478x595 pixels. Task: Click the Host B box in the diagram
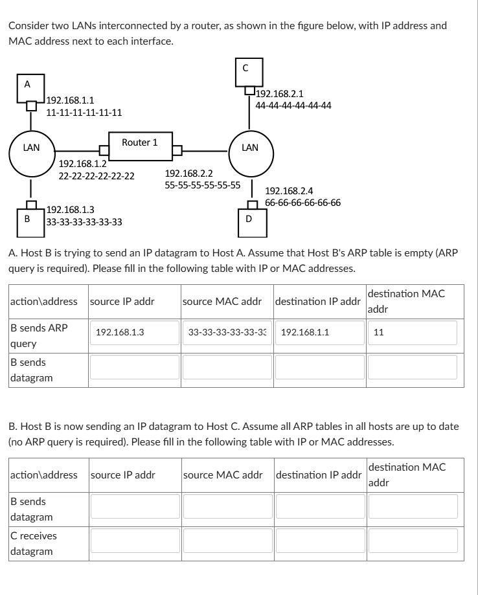click(x=27, y=218)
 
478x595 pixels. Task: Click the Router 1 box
click(x=139, y=142)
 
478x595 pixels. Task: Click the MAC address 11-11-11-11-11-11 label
click(x=84, y=112)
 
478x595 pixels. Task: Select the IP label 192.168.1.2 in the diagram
click(x=82, y=164)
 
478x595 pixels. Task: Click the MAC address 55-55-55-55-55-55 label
click(x=203, y=185)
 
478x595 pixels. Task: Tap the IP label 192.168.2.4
click(x=289, y=191)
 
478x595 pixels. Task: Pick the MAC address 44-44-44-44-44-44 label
click(x=293, y=105)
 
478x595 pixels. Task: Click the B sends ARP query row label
click(x=39, y=335)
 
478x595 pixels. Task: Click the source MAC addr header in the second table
click(x=222, y=475)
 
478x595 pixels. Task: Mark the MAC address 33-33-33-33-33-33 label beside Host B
click(x=84, y=222)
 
